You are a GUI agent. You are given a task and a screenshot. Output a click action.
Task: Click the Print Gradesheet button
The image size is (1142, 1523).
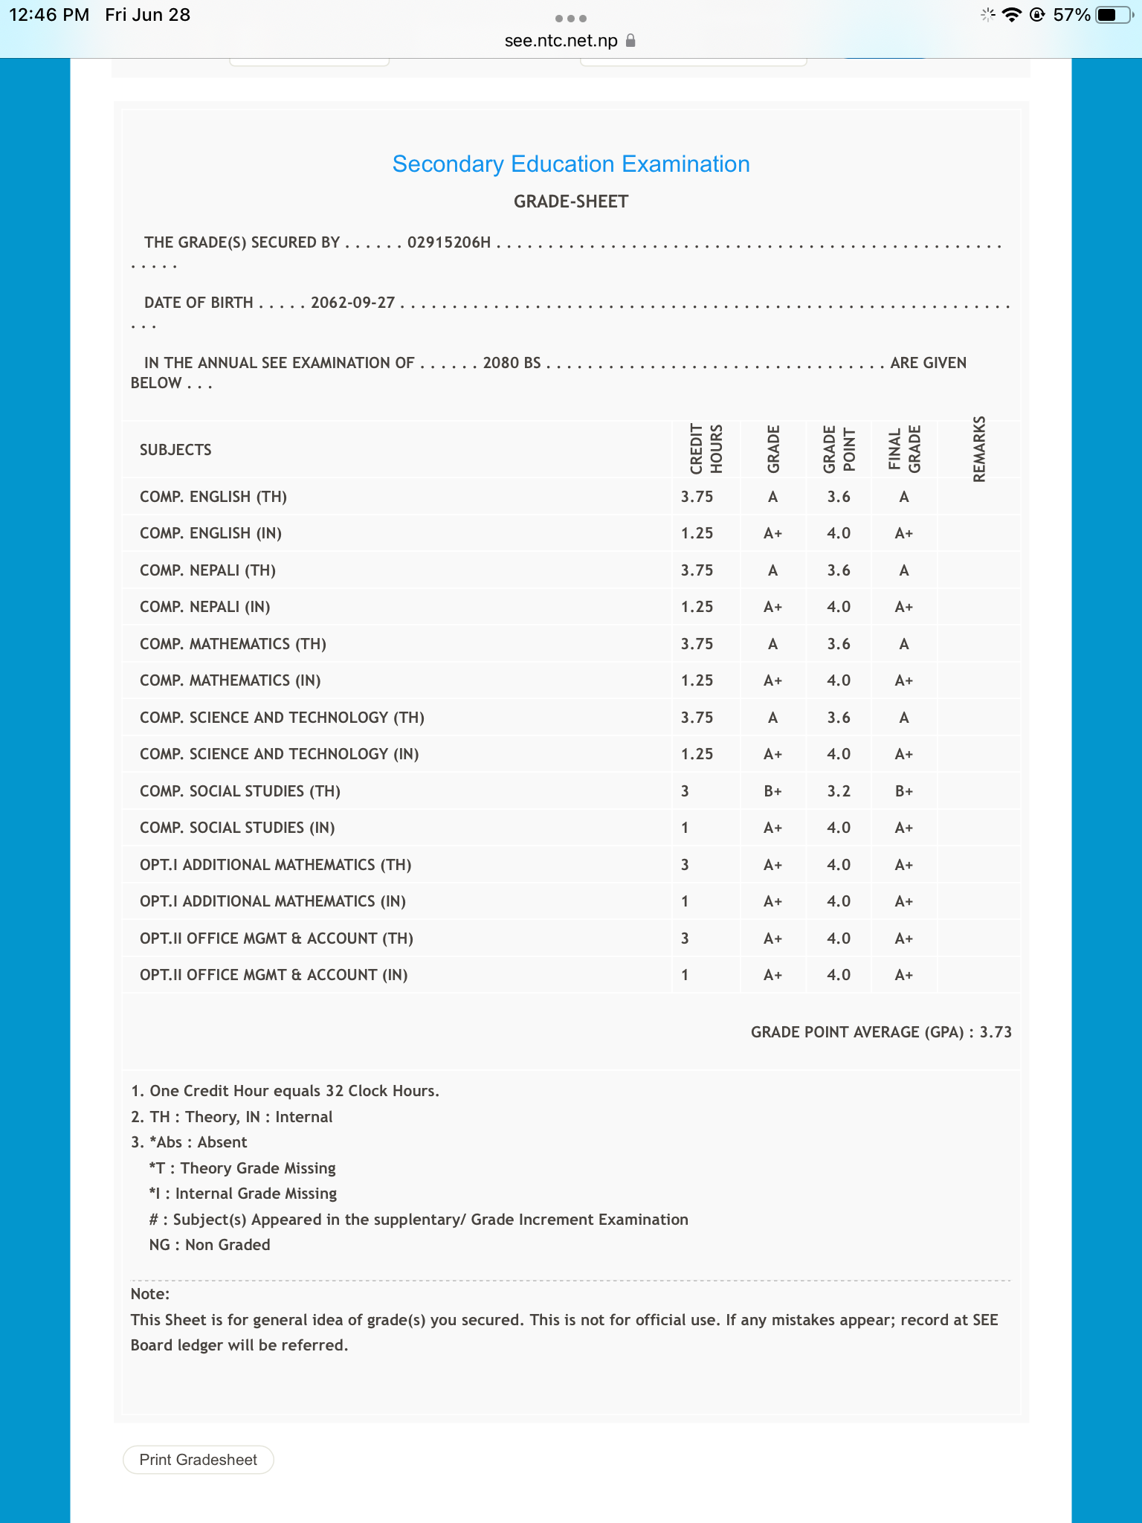198,1460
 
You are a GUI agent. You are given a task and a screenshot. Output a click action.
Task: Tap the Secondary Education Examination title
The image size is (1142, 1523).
570,164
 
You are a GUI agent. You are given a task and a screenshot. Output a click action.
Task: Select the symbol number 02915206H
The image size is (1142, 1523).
448,242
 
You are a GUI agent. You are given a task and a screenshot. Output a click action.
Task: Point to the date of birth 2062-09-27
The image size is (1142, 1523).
352,303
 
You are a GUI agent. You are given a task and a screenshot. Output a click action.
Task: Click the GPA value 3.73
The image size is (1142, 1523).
996,1032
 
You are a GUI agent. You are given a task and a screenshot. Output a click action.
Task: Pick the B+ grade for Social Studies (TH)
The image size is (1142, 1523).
772,791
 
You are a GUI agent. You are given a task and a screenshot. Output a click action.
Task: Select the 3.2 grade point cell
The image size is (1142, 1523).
838,791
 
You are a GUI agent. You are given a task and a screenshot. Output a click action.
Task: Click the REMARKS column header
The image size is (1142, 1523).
979,449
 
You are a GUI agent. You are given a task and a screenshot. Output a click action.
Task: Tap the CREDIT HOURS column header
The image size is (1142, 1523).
706,449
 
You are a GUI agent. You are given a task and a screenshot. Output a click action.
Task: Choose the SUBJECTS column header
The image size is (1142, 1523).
175,450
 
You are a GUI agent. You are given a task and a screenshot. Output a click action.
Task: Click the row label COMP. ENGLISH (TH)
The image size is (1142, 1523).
213,497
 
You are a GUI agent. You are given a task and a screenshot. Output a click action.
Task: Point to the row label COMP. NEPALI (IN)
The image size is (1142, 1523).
205,607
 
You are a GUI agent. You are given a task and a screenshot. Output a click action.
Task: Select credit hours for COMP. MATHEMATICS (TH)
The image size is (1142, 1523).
697,644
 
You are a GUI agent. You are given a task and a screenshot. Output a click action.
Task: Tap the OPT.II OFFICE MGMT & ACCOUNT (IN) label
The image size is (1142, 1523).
274,975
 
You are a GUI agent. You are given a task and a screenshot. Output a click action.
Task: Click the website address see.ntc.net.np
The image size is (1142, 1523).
561,41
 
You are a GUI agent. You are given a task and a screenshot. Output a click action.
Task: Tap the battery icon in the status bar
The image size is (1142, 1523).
1113,15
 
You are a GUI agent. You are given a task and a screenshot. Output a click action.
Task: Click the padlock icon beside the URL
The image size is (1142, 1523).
630,41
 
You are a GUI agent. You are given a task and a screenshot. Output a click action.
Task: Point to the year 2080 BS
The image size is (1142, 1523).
512,363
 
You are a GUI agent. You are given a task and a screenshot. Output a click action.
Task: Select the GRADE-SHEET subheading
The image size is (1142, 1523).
570,202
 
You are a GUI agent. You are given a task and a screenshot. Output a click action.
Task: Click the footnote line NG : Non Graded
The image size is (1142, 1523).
210,1245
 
